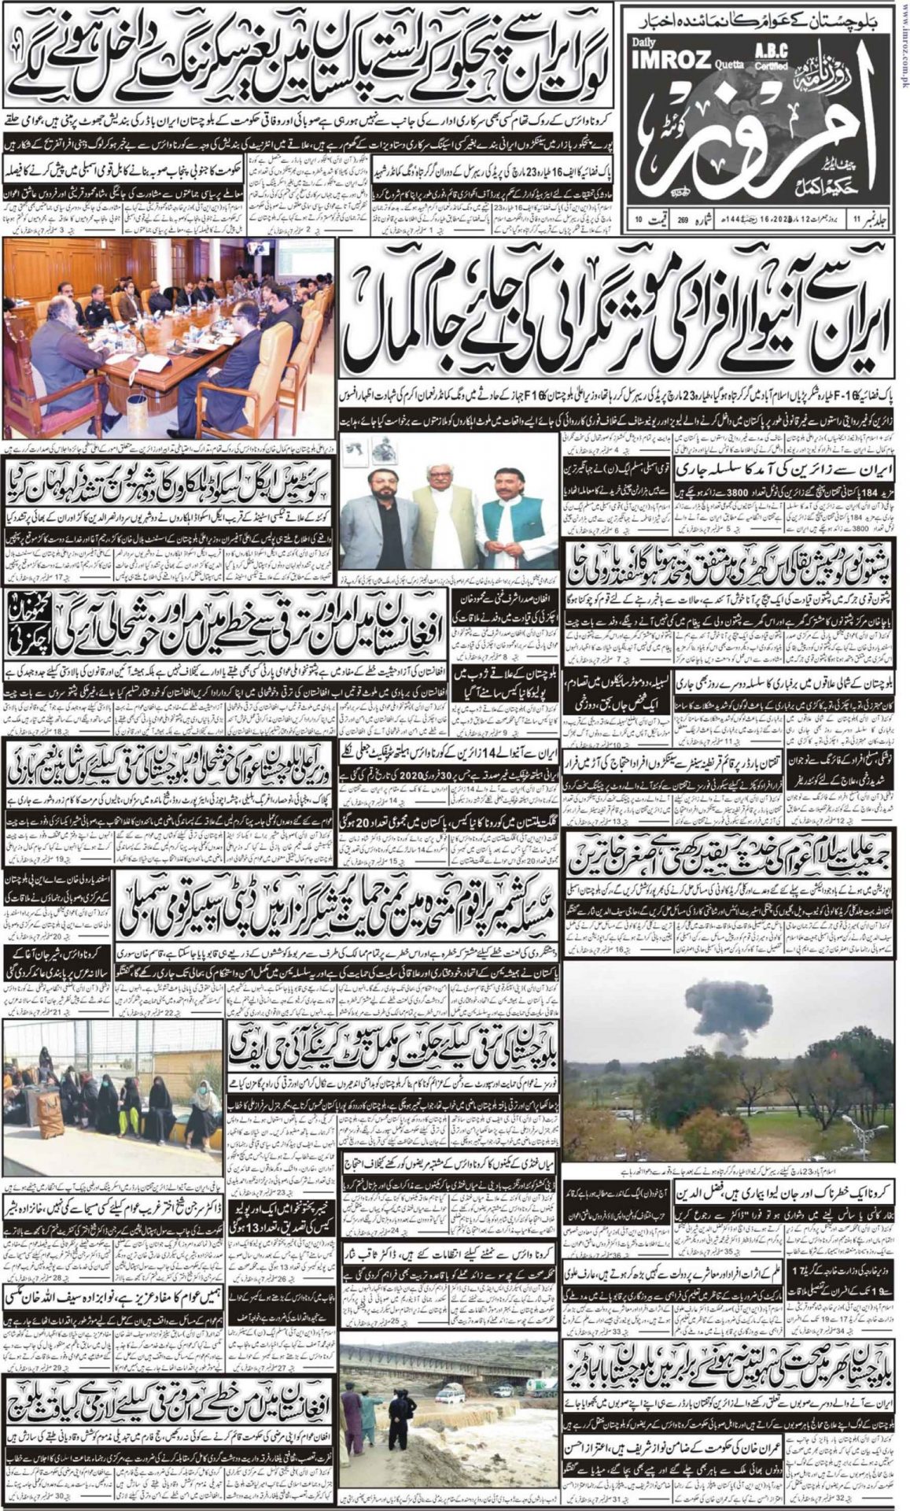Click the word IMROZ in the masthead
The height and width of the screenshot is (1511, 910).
pos(669,57)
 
